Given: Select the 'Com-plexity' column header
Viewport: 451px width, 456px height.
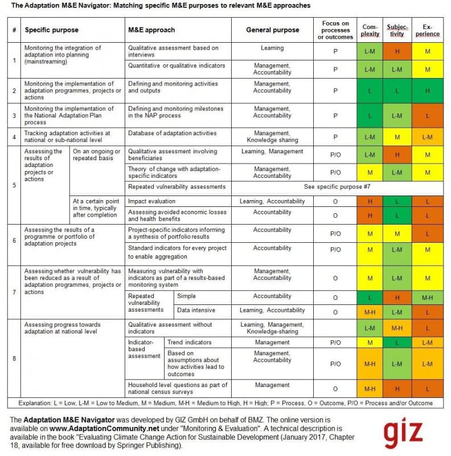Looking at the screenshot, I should click(369, 30).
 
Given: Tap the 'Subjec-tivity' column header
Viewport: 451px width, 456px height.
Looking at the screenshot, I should click(397, 30).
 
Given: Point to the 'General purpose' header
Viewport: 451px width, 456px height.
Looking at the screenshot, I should click(272, 30).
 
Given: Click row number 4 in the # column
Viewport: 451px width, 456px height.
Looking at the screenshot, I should click(14, 137).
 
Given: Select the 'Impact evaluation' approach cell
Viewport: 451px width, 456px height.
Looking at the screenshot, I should click(151, 201).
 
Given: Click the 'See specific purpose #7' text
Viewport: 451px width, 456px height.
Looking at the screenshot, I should click(340, 187).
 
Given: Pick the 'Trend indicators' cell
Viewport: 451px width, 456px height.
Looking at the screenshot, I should click(190, 343).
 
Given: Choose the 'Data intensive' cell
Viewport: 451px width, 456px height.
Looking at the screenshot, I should click(196, 311).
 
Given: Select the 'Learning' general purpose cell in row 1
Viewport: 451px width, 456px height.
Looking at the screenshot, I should click(272, 48).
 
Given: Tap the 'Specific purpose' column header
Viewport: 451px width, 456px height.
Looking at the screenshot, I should click(52, 30).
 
